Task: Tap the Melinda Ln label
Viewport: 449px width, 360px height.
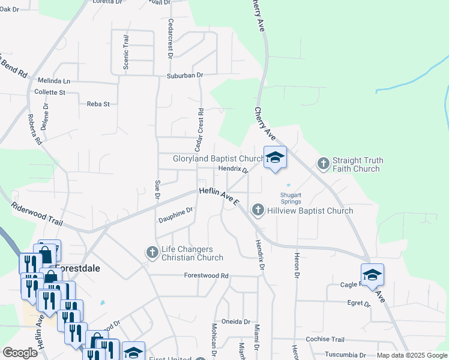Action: point(53,80)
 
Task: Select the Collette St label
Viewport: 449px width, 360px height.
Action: point(50,92)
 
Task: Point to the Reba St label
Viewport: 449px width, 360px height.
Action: point(98,104)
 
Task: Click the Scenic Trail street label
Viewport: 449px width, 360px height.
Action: point(126,52)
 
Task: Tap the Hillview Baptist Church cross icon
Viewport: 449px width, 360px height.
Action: point(258,210)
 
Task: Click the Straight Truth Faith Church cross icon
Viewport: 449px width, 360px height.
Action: point(324,164)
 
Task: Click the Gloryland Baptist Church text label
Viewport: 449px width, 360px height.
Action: point(218,159)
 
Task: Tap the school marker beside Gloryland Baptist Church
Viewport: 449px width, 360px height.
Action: point(275,158)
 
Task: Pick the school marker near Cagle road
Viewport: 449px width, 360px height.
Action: point(372,275)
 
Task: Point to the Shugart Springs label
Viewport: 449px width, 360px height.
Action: point(291,197)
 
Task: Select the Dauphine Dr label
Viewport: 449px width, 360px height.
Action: point(175,214)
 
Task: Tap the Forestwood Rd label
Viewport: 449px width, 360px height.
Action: point(206,276)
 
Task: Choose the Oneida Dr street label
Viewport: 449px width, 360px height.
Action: point(235,321)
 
